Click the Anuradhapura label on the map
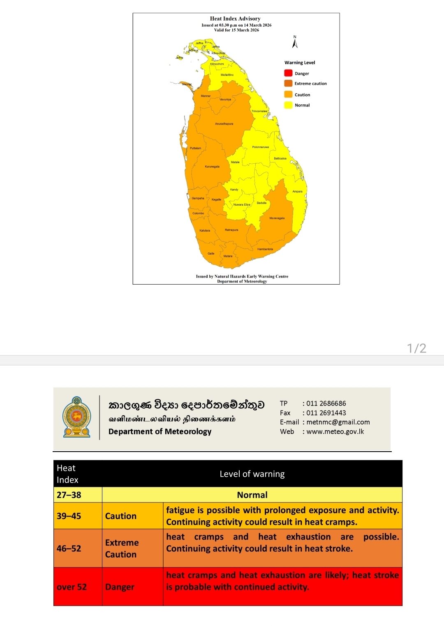click(224, 124)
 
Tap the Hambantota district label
click(265, 249)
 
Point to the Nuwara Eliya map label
click(242, 204)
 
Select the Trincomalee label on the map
click(259, 111)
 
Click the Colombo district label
click(198, 213)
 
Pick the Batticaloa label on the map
click(280, 158)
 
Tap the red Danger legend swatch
click(288, 73)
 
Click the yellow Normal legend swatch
click(288, 105)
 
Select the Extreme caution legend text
click(310, 83)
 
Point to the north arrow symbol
click(295, 42)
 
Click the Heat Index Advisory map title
click(235, 19)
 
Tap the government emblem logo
click(77, 417)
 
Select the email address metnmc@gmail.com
click(338, 422)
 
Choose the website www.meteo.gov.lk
click(335, 431)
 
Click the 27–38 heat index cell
click(69, 495)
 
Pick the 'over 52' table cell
click(72, 587)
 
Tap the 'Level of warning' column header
click(252, 474)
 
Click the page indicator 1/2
click(416, 348)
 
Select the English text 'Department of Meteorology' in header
click(160, 431)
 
